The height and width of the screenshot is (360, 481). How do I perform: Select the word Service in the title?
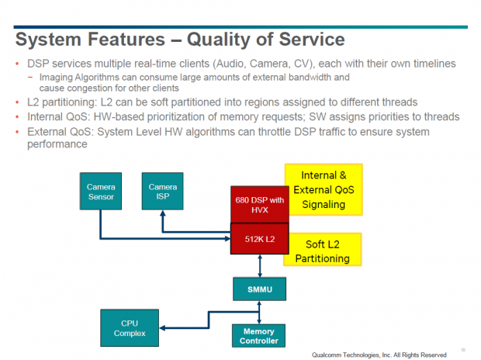(305, 40)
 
